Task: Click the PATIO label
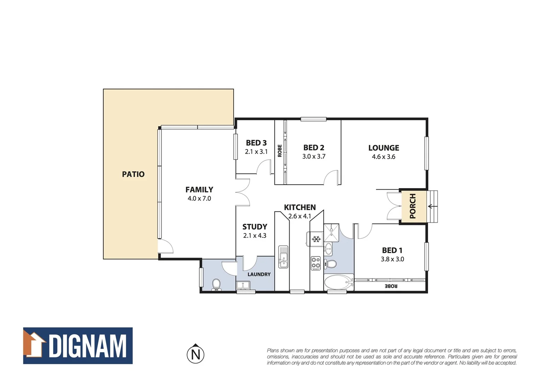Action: coord(133,174)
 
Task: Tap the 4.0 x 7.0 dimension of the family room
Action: coord(199,198)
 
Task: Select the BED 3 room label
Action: coord(256,143)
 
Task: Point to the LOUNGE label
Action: coord(383,148)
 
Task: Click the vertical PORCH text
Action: coord(412,206)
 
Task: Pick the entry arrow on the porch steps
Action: coord(431,206)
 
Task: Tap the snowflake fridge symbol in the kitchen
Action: coord(316,239)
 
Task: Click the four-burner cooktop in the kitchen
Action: coord(316,263)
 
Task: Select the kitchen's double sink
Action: coord(283,256)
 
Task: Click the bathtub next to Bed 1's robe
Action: coord(339,283)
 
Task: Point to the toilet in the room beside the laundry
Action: coord(216,284)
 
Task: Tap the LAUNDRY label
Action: coord(259,274)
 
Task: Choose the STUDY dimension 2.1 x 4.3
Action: coord(255,236)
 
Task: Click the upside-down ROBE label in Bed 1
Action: coord(391,286)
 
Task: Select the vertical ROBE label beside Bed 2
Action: coord(280,151)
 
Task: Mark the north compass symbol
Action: coord(195,354)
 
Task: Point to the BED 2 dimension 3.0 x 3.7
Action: coord(314,156)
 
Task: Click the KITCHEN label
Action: coord(300,207)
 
